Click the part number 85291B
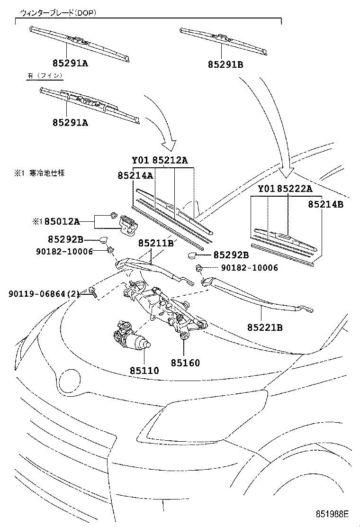click(x=225, y=64)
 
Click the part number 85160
click(x=185, y=363)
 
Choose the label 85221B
click(x=264, y=327)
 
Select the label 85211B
click(x=156, y=243)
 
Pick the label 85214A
click(x=135, y=175)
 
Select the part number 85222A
click(x=295, y=189)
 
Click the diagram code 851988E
click(x=333, y=514)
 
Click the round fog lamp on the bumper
click(x=70, y=380)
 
